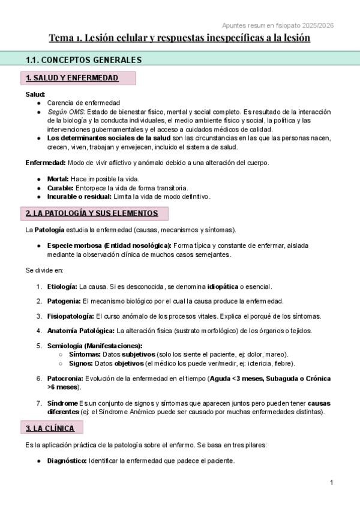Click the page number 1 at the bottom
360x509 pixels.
331,483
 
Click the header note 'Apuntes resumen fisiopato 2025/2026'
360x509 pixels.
278,25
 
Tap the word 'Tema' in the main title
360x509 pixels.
61,38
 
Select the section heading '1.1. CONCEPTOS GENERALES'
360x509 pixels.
83,59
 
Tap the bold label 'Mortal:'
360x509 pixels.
58,179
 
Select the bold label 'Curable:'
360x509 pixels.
61,187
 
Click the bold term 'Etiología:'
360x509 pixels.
62,286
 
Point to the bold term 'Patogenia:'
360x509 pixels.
64,301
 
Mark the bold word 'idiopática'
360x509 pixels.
224,286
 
